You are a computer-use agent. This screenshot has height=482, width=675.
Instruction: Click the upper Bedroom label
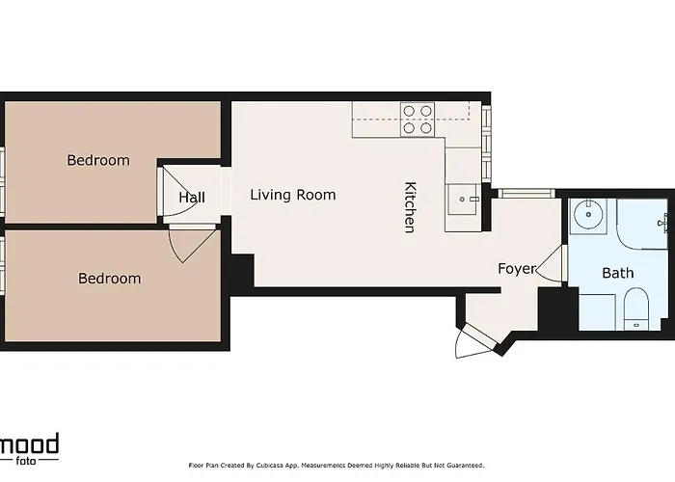[97, 160]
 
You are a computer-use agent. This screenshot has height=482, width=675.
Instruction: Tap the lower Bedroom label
[109, 279]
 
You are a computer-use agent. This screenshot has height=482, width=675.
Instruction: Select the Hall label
[192, 198]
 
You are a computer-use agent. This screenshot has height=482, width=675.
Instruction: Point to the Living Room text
[293, 195]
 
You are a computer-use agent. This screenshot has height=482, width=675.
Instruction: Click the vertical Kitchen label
[410, 207]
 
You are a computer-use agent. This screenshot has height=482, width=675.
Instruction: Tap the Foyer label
[516, 269]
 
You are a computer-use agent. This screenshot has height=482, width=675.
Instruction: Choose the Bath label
[618, 273]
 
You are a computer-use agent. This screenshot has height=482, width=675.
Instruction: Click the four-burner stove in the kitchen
[418, 119]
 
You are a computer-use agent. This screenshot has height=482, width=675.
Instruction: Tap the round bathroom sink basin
[585, 215]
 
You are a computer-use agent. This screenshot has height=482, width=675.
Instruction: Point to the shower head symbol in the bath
[663, 223]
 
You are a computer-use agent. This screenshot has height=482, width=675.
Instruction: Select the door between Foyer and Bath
[553, 263]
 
